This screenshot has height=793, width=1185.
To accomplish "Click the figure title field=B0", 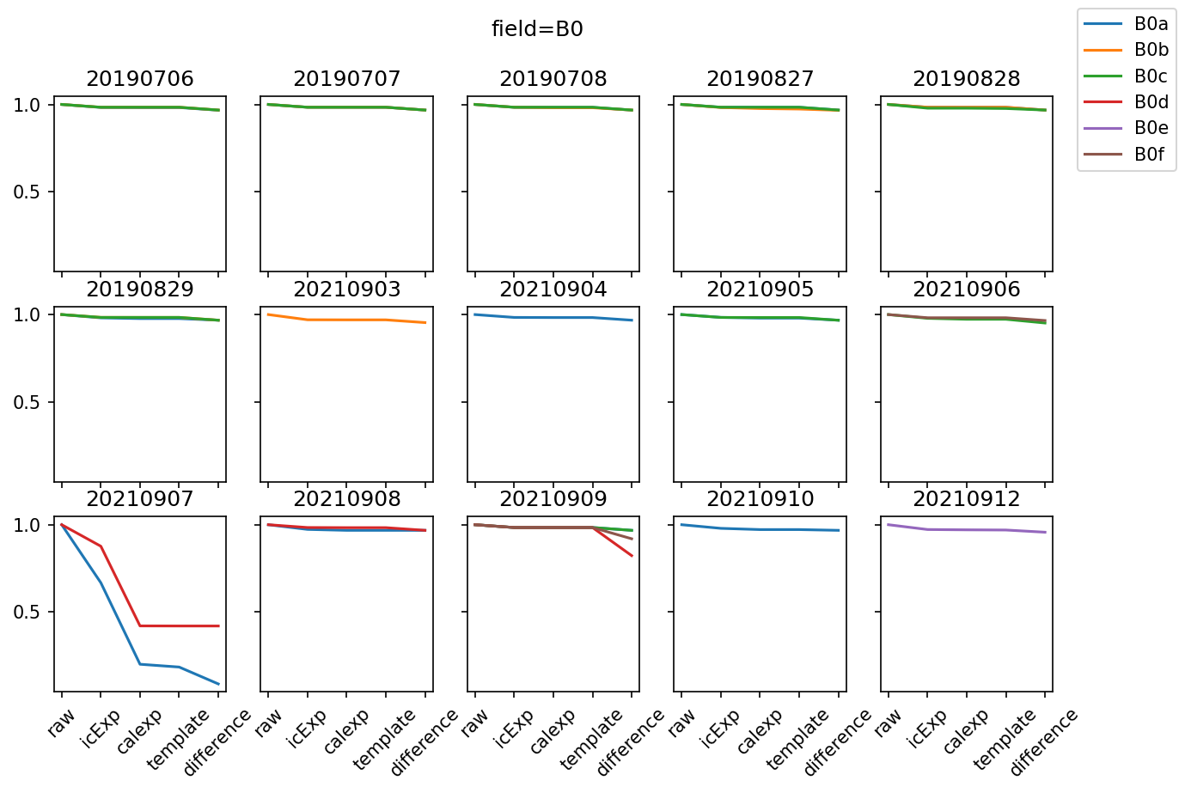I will (x=537, y=29).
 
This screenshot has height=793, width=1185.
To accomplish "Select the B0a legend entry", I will (x=1151, y=24).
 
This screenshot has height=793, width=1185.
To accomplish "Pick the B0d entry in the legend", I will (x=1151, y=102).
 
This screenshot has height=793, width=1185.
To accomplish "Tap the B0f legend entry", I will (x=1150, y=155).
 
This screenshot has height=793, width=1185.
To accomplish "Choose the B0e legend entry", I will (x=1151, y=128).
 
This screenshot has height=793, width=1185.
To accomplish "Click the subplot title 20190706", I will (x=140, y=79).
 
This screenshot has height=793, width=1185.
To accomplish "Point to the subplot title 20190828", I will (x=967, y=79).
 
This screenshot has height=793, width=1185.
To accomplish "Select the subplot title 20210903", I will (x=347, y=290).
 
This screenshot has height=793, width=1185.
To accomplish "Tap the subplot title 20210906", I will (x=967, y=290).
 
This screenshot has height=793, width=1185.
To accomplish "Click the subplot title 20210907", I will (x=140, y=499).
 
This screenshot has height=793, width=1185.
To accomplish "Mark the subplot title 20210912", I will (x=967, y=499).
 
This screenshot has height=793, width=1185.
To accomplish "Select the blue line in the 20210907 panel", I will (x=120, y=623).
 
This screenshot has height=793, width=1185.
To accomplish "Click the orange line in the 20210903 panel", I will (x=347, y=320).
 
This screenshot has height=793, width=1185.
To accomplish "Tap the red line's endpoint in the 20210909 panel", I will (x=632, y=556).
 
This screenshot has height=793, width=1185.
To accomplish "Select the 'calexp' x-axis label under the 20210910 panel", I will (x=760, y=731).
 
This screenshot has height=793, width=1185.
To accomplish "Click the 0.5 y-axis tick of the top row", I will (x=27, y=192).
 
